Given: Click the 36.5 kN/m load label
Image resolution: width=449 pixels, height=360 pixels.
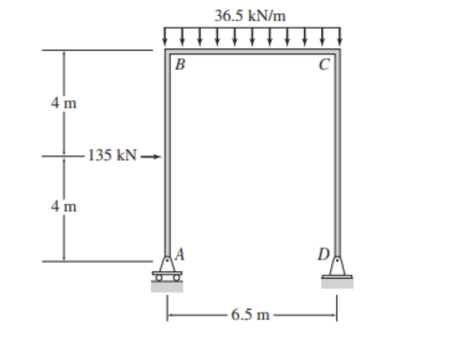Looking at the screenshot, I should click(x=250, y=16).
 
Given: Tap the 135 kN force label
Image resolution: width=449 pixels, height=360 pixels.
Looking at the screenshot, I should click(x=113, y=156).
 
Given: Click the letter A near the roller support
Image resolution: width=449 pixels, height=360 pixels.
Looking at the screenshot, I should click(x=180, y=253).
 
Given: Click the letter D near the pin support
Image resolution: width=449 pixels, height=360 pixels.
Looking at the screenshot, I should click(x=322, y=253).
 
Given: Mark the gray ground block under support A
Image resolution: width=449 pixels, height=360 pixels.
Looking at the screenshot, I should click(x=167, y=286).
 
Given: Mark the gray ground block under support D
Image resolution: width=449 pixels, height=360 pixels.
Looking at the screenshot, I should click(x=337, y=284).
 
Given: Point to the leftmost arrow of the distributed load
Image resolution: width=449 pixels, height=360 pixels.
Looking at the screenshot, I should click(x=166, y=36).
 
